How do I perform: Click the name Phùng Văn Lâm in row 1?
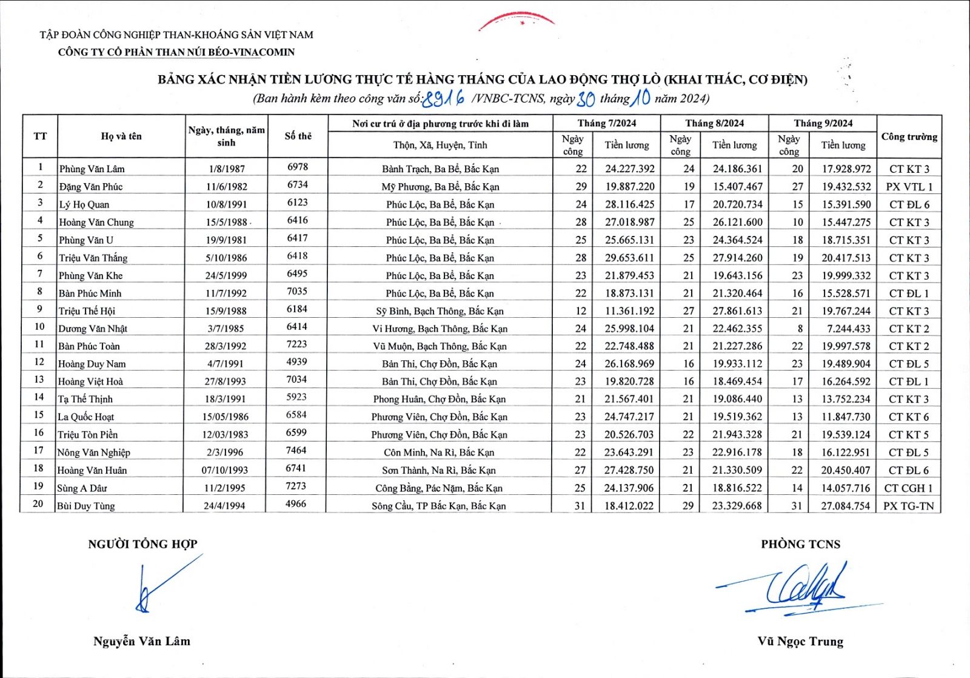coord(92,169)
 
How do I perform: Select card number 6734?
coord(297,185)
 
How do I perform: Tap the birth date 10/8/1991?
coord(226,204)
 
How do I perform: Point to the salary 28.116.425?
coord(629,204)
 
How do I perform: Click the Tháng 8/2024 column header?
coord(714,123)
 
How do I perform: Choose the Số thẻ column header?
coord(298,136)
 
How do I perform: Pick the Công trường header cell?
coord(909,136)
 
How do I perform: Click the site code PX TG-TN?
coord(908,506)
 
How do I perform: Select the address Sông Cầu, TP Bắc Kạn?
coord(438,506)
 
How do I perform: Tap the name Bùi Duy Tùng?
coord(86,506)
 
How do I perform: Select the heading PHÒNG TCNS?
coord(800,544)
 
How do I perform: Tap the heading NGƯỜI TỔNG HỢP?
coord(142,544)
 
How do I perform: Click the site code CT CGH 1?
coord(908,488)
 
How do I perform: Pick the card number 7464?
coord(296,451)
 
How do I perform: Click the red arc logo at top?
coord(517,21)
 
